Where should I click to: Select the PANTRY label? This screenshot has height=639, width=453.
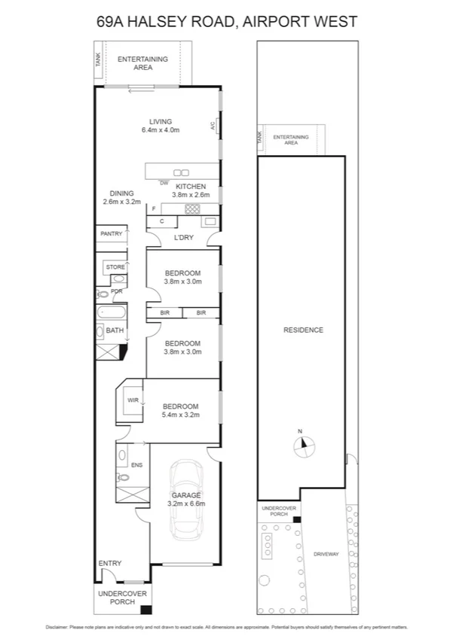[111, 234]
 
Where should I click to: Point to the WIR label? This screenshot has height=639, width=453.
[132, 400]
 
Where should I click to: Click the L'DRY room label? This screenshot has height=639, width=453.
[184, 238]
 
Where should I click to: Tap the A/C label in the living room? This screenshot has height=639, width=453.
[213, 126]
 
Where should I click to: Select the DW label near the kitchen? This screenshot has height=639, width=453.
[164, 183]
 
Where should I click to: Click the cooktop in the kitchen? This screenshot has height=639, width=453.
[192, 209]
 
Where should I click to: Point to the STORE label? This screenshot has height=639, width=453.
[115, 266]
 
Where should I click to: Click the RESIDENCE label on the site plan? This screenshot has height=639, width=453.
[303, 330]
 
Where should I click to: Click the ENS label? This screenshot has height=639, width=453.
[136, 465]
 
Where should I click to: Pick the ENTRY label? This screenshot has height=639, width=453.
[110, 563]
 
